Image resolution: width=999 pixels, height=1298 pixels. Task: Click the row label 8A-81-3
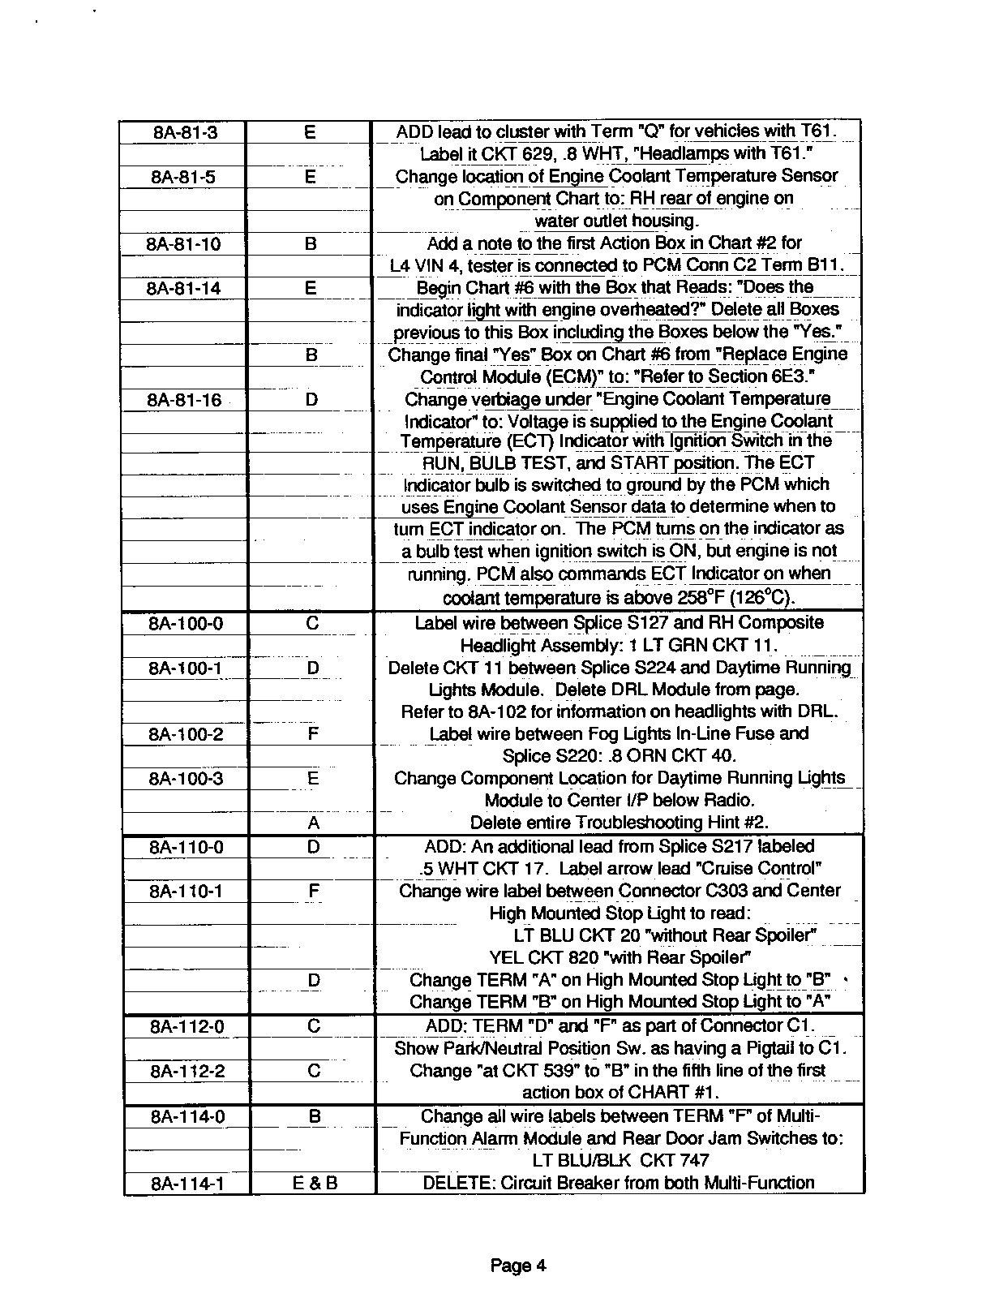[x=185, y=132]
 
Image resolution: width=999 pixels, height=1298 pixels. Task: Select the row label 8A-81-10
[x=183, y=243]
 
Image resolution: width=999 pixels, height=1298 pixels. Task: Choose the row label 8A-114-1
[x=187, y=1184]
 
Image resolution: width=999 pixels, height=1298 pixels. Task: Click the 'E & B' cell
[x=315, y=1184]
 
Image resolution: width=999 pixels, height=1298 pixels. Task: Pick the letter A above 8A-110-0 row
[x=314, y=823]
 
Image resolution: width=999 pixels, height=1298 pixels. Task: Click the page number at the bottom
[x=518, y=1266]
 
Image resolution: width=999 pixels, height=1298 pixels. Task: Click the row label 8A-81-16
[x=184, y=399]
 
